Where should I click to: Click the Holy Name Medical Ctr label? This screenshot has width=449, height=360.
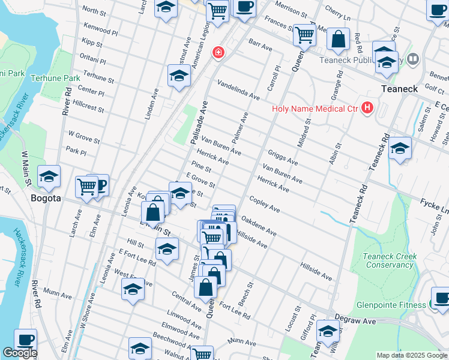tap(315, 109)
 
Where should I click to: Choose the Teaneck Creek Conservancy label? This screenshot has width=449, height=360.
tap(390, 260)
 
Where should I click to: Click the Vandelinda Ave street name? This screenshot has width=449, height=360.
tap(238, 91)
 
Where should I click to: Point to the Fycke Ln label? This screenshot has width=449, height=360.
tap(435, 206)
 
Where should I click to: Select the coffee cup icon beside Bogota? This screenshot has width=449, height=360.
tap(99, 185)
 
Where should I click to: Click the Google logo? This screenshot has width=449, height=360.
tap(20, 353)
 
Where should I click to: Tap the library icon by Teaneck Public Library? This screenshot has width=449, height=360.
tap(412, 59)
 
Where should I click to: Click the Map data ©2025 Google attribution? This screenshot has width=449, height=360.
tap(411, 355)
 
